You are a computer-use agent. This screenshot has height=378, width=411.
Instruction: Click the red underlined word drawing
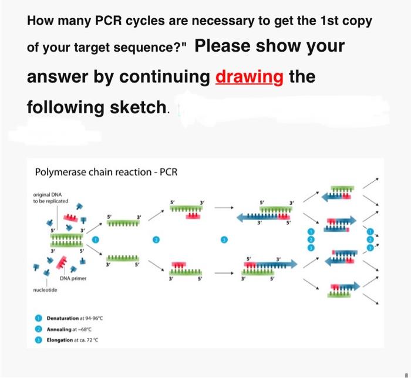point(250,77)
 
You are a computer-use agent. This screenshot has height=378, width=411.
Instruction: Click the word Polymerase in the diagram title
point(60,172)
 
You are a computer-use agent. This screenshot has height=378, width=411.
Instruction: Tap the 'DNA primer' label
point(73,278)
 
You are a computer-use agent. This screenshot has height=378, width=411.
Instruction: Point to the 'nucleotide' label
point(45,290)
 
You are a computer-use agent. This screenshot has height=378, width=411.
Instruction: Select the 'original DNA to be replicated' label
point(51,198)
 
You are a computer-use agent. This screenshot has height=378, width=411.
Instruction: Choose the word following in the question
point(63,107)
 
